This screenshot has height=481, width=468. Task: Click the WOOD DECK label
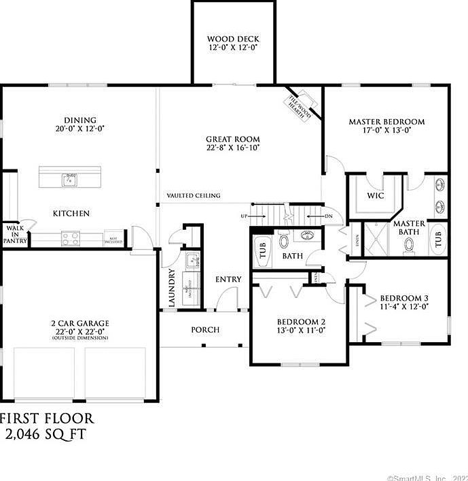233,39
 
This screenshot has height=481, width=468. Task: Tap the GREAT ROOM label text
233,138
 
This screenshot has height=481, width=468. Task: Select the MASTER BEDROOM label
386,122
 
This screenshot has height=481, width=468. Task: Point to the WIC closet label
376,195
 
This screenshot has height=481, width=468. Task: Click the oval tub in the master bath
438,239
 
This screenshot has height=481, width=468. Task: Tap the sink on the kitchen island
69,180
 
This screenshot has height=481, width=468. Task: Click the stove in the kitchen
71,238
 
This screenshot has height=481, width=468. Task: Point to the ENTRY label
228,280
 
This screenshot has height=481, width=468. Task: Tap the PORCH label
204,330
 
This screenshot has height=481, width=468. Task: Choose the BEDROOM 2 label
301,322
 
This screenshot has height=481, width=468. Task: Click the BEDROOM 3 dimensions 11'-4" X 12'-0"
403,307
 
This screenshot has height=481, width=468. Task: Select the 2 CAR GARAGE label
79,323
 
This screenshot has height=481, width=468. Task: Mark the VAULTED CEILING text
194,196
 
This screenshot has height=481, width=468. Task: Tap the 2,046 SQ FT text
46,433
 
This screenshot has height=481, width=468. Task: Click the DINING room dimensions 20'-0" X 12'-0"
81,128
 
